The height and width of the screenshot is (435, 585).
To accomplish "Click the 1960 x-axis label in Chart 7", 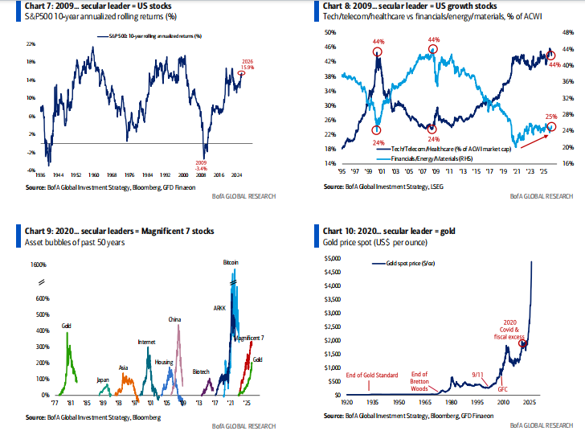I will (94, 174).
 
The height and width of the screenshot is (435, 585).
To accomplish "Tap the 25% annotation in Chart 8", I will (551, 117).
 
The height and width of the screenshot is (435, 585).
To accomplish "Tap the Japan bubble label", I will (104, 379).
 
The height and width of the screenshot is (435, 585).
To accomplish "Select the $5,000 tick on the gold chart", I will (333, 259).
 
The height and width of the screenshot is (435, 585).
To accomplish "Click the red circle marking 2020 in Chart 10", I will (524, 344).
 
